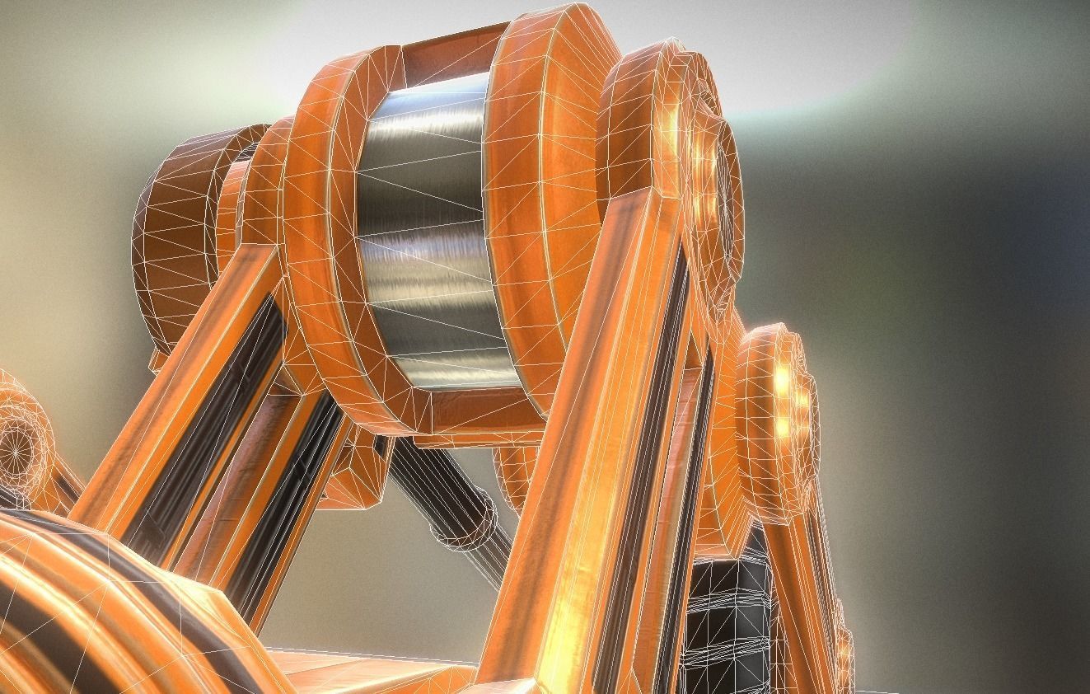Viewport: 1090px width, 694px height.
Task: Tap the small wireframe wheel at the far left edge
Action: (21, 445)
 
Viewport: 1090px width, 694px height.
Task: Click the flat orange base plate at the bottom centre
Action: (371, 672)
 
